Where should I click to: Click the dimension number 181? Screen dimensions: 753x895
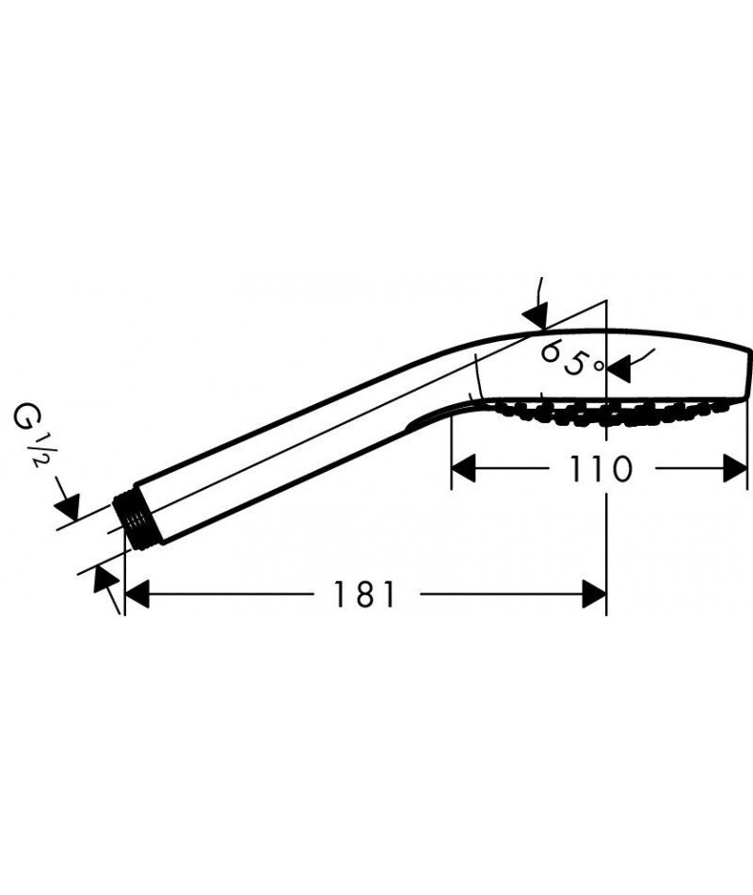click(364, 594)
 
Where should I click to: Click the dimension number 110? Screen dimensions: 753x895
click(601, 468)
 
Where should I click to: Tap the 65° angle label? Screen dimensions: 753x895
click(570, 358)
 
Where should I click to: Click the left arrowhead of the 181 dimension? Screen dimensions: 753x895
click(136, 594)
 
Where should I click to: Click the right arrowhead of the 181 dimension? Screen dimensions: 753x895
click(594, 594)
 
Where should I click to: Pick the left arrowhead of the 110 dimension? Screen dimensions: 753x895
click(464, 468)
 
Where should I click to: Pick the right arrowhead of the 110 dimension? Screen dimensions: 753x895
click(735, 468)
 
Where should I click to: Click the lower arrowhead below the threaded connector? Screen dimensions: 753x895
click(104, 578)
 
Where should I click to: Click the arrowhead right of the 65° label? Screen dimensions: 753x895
click(618, 368)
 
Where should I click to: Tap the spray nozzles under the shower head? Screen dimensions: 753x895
click(606, 412)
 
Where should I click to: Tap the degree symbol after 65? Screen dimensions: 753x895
click(597, 366)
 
